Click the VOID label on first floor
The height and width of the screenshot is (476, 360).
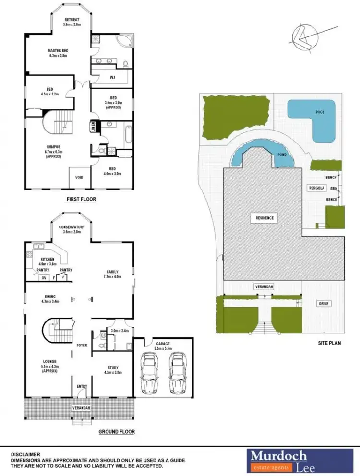(x=79, y=178)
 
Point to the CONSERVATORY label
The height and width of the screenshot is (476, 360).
(x=72, y=227)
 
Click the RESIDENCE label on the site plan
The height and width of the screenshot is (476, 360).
(x=264, y=218)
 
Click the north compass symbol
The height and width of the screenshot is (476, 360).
(x=305, y=37)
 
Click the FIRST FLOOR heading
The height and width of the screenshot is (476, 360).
(x=81, y=198)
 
